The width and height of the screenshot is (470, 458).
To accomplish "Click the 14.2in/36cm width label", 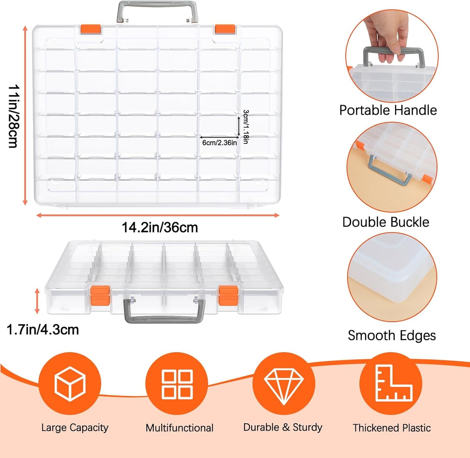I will (160, 228).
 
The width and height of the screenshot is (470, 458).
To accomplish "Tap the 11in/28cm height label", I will (14, 116).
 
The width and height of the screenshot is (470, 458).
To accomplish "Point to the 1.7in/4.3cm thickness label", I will (43, 330).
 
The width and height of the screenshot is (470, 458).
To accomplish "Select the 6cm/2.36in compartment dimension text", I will (220, 143).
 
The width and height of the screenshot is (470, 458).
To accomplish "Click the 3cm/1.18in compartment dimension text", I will (246, 127).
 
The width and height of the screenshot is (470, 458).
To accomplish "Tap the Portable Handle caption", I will (388, 110).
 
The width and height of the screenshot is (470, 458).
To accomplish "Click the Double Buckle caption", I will (386, 222).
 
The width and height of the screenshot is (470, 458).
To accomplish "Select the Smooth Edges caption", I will (392, 335).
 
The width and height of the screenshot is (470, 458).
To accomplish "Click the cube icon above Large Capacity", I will (70, 384).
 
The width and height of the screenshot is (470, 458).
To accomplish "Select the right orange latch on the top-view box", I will (225, 29).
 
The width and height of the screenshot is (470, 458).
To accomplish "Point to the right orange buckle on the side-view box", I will (228, 295).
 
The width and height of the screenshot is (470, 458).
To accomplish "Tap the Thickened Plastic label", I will (392, 428).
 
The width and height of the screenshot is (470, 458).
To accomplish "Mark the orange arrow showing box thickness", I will (37, 301).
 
